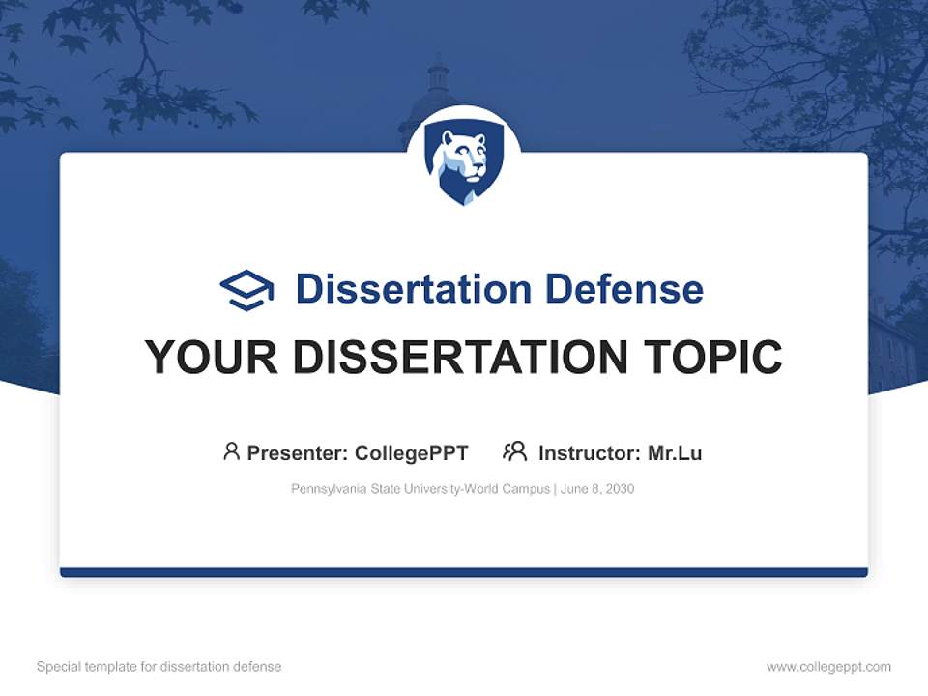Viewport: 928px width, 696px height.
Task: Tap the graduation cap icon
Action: (246, 290)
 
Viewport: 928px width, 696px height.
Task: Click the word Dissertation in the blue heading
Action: (414, 289)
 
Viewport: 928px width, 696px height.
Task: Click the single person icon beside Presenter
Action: (231, 451)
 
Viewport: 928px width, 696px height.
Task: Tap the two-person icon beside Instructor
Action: (514, 451)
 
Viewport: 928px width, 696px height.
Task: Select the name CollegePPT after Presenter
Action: (412, 452)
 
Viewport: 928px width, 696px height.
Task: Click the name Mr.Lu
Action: (675, 452)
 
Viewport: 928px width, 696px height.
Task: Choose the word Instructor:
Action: (590, 452)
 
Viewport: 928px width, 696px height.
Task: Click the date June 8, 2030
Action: (597, 489)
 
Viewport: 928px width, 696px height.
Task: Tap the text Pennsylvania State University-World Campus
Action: (420, 489)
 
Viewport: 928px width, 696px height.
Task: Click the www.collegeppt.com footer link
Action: (828, 667)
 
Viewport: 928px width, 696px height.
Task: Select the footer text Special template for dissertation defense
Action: (159, 667)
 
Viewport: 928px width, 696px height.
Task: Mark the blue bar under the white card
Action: (464, 572)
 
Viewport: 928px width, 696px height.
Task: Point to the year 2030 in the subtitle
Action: (620, 489)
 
